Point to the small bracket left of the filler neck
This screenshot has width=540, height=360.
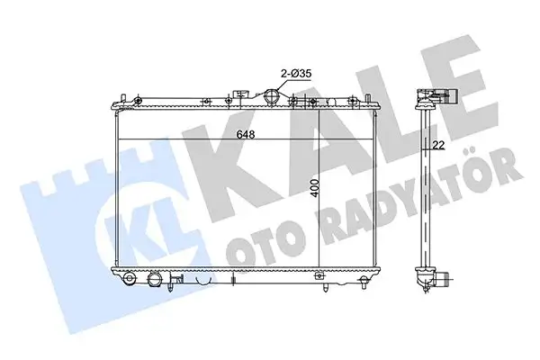[x=241, y=94]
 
